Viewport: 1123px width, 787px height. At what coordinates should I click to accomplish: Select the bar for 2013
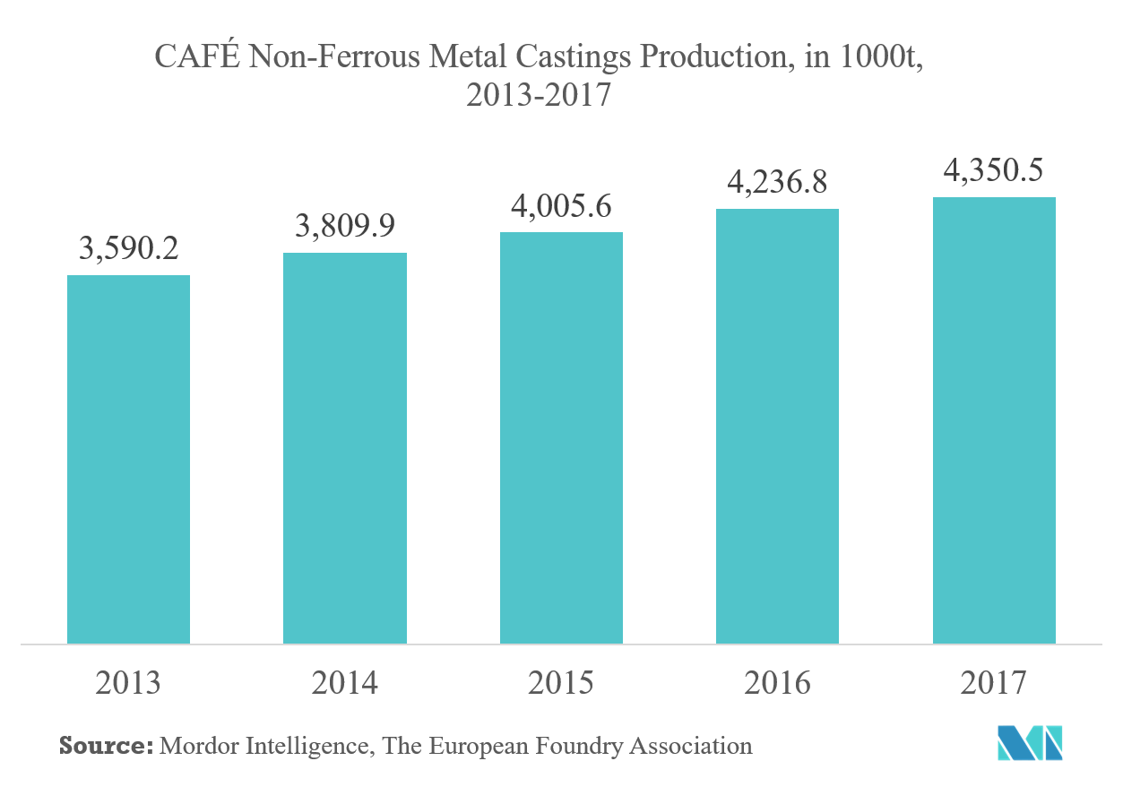[128, 459]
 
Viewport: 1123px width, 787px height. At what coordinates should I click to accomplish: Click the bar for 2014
[345, 448]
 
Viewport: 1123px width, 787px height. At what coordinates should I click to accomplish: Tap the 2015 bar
[561, 437]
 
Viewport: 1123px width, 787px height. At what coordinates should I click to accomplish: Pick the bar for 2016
[777, 426]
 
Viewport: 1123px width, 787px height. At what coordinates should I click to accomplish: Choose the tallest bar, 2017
[994, 420]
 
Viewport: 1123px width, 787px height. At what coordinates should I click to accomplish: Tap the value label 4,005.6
[561, 207]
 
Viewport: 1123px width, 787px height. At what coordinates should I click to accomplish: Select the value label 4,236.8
[777, 183]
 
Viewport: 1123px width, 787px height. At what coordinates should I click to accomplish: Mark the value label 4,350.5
[994, 170]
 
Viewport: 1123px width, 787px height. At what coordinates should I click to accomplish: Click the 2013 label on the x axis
[128, 683]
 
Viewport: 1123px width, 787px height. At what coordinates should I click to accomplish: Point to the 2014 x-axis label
[345, 683]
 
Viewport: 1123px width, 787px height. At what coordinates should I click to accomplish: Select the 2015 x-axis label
[561, 683]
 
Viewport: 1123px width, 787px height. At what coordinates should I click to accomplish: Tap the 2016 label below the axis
[777, 683]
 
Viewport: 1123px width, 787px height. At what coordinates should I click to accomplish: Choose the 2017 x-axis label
[994, 683]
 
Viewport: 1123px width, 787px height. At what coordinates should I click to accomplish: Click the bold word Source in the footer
[103, 745]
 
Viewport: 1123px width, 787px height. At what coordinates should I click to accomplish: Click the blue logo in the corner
[1031, 743]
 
